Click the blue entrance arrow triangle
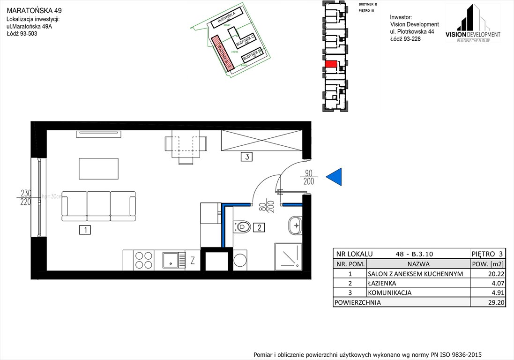[334, 176]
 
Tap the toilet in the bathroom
[242, 227]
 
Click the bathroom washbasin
[295, 225]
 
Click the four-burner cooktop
[143, 260]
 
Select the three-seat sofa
[99, 206]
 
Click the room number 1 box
[84, 230]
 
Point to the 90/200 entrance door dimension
[308, 178]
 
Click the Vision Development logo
[472, 23]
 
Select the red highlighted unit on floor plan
[331, 64]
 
